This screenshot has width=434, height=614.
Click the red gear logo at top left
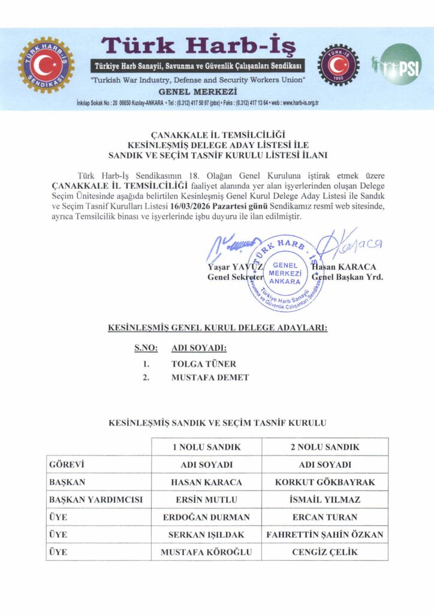46,65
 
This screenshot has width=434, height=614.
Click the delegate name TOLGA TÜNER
203,363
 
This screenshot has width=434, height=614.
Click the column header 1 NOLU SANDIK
207,447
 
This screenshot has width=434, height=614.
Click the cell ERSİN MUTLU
207,499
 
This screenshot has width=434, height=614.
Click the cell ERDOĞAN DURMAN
207,517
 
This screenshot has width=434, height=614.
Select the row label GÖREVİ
66,464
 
